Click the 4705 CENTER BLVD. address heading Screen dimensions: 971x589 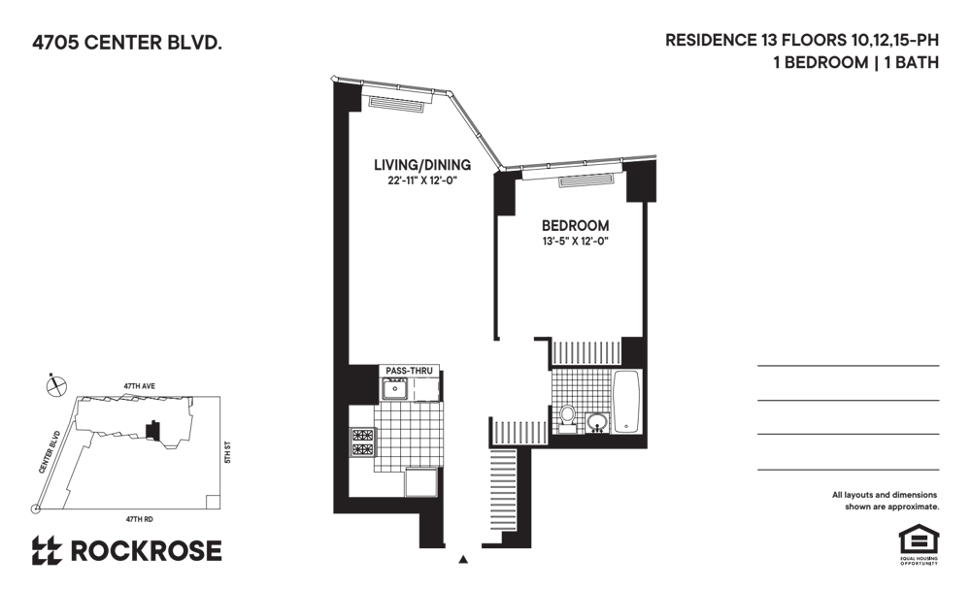click(x=127, y=43)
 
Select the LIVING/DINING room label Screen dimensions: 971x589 click(x=422, y=165)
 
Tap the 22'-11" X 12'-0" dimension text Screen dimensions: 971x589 click(x=422, y=181)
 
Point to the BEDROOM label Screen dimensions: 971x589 click(x=575, y=226)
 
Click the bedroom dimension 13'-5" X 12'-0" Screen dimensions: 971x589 click(x=575, y=242)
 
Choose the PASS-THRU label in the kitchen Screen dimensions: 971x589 click(x=409, y=371)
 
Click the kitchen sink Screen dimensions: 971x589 click(x=394, y=389)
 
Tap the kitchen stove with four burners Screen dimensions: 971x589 click(x=363, y=442)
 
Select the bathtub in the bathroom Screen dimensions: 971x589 click(x=626, y=401)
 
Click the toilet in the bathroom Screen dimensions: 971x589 click(x=567, y=417)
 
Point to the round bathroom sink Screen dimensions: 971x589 click(x=597, y=423)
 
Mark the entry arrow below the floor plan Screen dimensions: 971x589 click(x=462, y=560)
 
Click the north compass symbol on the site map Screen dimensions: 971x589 click(x=56, y=386)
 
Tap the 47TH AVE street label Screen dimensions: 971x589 click(x=139, y=386)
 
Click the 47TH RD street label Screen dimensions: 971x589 click(x=139, y=519)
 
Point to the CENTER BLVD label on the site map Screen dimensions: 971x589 click(x=50, y=452)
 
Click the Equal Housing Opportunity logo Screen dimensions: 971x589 click(x=919, y=544)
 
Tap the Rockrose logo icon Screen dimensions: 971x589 click(x=47, y=550)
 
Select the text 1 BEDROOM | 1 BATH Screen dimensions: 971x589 click(x=855, y=62)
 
